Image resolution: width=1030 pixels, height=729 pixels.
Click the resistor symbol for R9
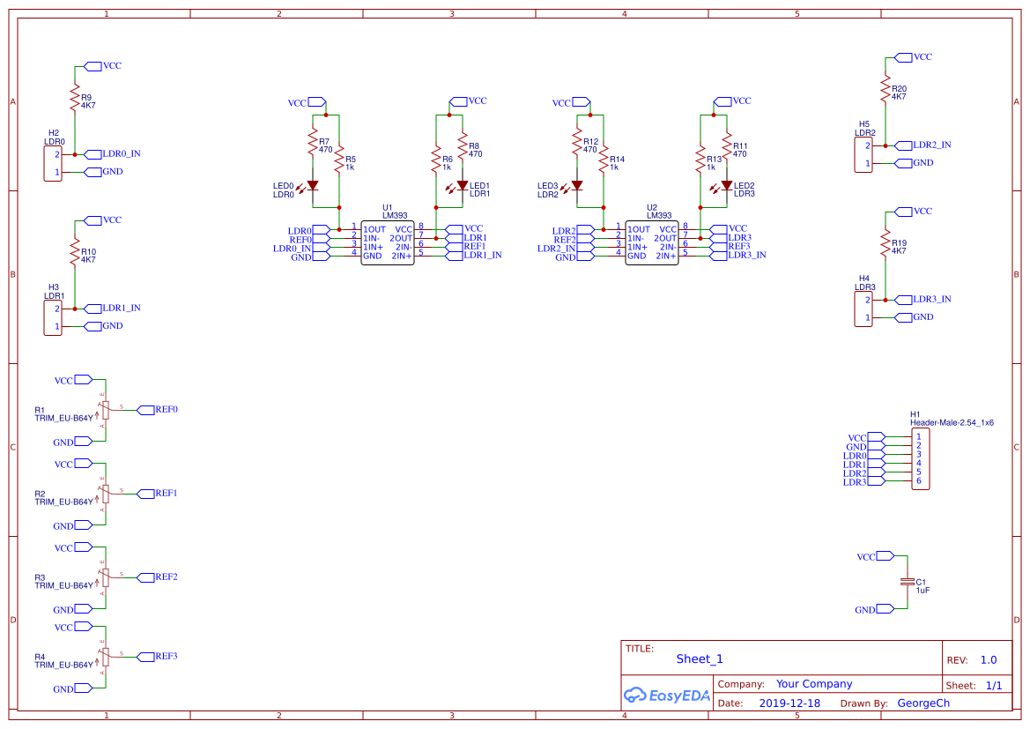(x=75, y=97)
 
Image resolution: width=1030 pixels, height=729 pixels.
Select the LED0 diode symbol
(x=312, y=185)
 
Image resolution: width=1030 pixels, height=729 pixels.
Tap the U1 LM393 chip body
(x=387, y=242)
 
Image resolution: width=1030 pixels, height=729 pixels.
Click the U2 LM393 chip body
(x=651, y=242)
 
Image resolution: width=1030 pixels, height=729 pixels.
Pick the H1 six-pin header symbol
(x=919, y=459)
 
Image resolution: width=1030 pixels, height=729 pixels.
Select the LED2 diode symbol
(x=726, y=185)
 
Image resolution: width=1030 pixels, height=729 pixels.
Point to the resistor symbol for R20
(x=886, y=88)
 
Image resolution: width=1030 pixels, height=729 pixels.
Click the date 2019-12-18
(x=789, y=703)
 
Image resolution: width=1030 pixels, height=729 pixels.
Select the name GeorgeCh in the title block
(x=923, y=703)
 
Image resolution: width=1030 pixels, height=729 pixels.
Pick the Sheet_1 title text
(x=699, y=658)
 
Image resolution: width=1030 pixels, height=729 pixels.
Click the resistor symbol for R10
(x=75, y=253)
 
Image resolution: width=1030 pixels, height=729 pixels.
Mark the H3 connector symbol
(x=53, y=317)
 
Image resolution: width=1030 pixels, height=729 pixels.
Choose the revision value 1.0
(x=988, y=659)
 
